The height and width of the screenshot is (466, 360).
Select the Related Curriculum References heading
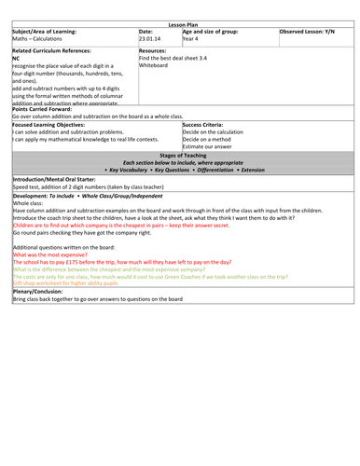point(49,48)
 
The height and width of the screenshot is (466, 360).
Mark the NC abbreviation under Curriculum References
point(16,57)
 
